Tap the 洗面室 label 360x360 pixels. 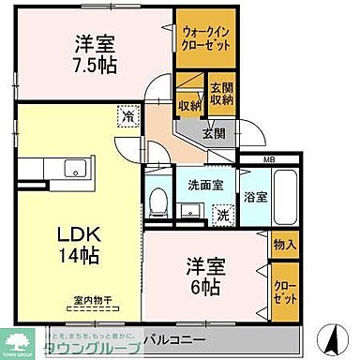[203, 184]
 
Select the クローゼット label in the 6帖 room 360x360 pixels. [285, 284]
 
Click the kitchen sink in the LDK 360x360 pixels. [72, 170]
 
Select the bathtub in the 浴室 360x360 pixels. [285, 196]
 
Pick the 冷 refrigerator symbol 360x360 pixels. [125, 118]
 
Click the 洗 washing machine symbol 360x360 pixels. [222, 215]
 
